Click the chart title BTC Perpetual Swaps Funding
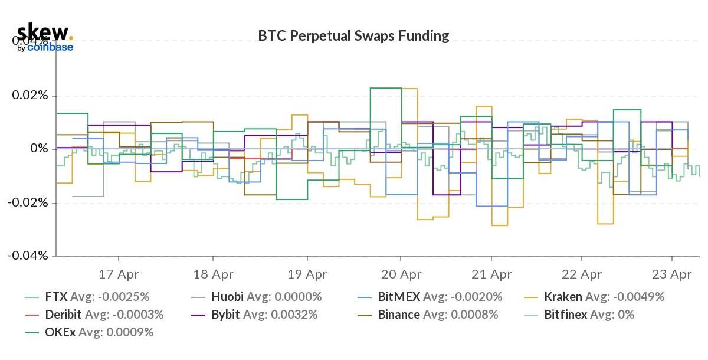tap(353, 36)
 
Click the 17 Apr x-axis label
tap(119, 274)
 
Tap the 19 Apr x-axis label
tap(307, 274)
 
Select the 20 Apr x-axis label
tap(401, 274)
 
